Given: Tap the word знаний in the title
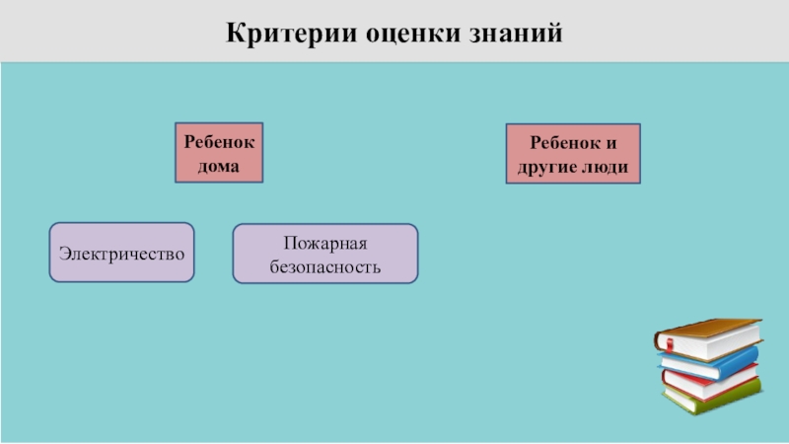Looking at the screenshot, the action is [x=513, y=33].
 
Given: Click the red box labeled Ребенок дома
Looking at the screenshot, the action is [x=220, y=153].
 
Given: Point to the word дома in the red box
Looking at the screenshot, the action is [x=220, y=166].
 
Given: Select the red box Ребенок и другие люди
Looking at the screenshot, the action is [x=573, y=154].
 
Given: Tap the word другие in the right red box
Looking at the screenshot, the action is [x=548, y=167].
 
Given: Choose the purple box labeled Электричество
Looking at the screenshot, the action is [x=122, y=253].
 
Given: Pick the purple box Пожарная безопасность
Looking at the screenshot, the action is [x=324, y=254].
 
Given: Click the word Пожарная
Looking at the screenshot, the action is [x=324, y=242].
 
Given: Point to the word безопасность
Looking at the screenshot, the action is [x=324, y=266].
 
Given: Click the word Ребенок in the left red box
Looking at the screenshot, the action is [x=220, y=141].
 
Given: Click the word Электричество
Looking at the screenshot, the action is [x=122, y=253].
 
